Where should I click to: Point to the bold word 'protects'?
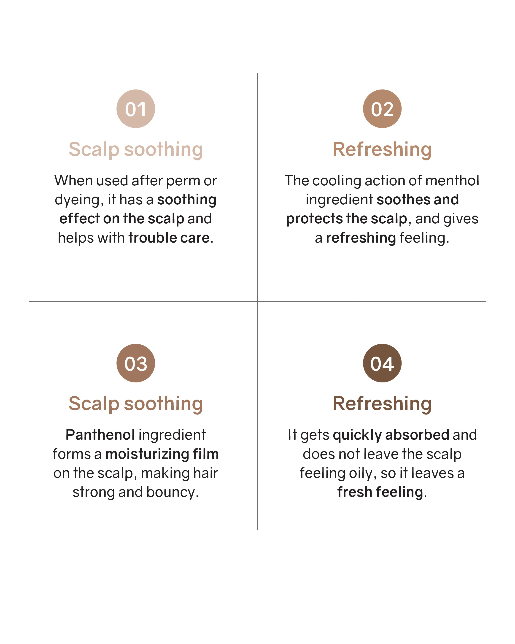tap(314, 219)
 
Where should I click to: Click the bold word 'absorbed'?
tap(417, 435)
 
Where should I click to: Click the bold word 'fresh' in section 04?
tap(354, 492)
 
